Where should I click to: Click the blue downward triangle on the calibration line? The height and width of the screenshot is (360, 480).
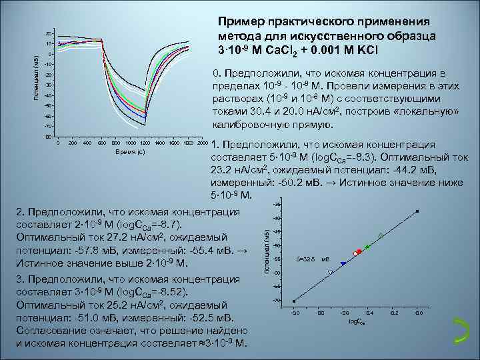pos(343,264)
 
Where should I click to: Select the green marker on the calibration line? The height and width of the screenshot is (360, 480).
pos(367,247)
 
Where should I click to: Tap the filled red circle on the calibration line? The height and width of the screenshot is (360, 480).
pos(359,251)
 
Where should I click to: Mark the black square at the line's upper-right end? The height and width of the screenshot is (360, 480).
pos(418,211)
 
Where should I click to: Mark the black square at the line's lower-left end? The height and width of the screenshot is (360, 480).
pos(294,301)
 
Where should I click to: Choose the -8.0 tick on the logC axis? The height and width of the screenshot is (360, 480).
pos(418,312)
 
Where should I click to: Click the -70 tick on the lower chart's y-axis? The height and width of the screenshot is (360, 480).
pos(276,301)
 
